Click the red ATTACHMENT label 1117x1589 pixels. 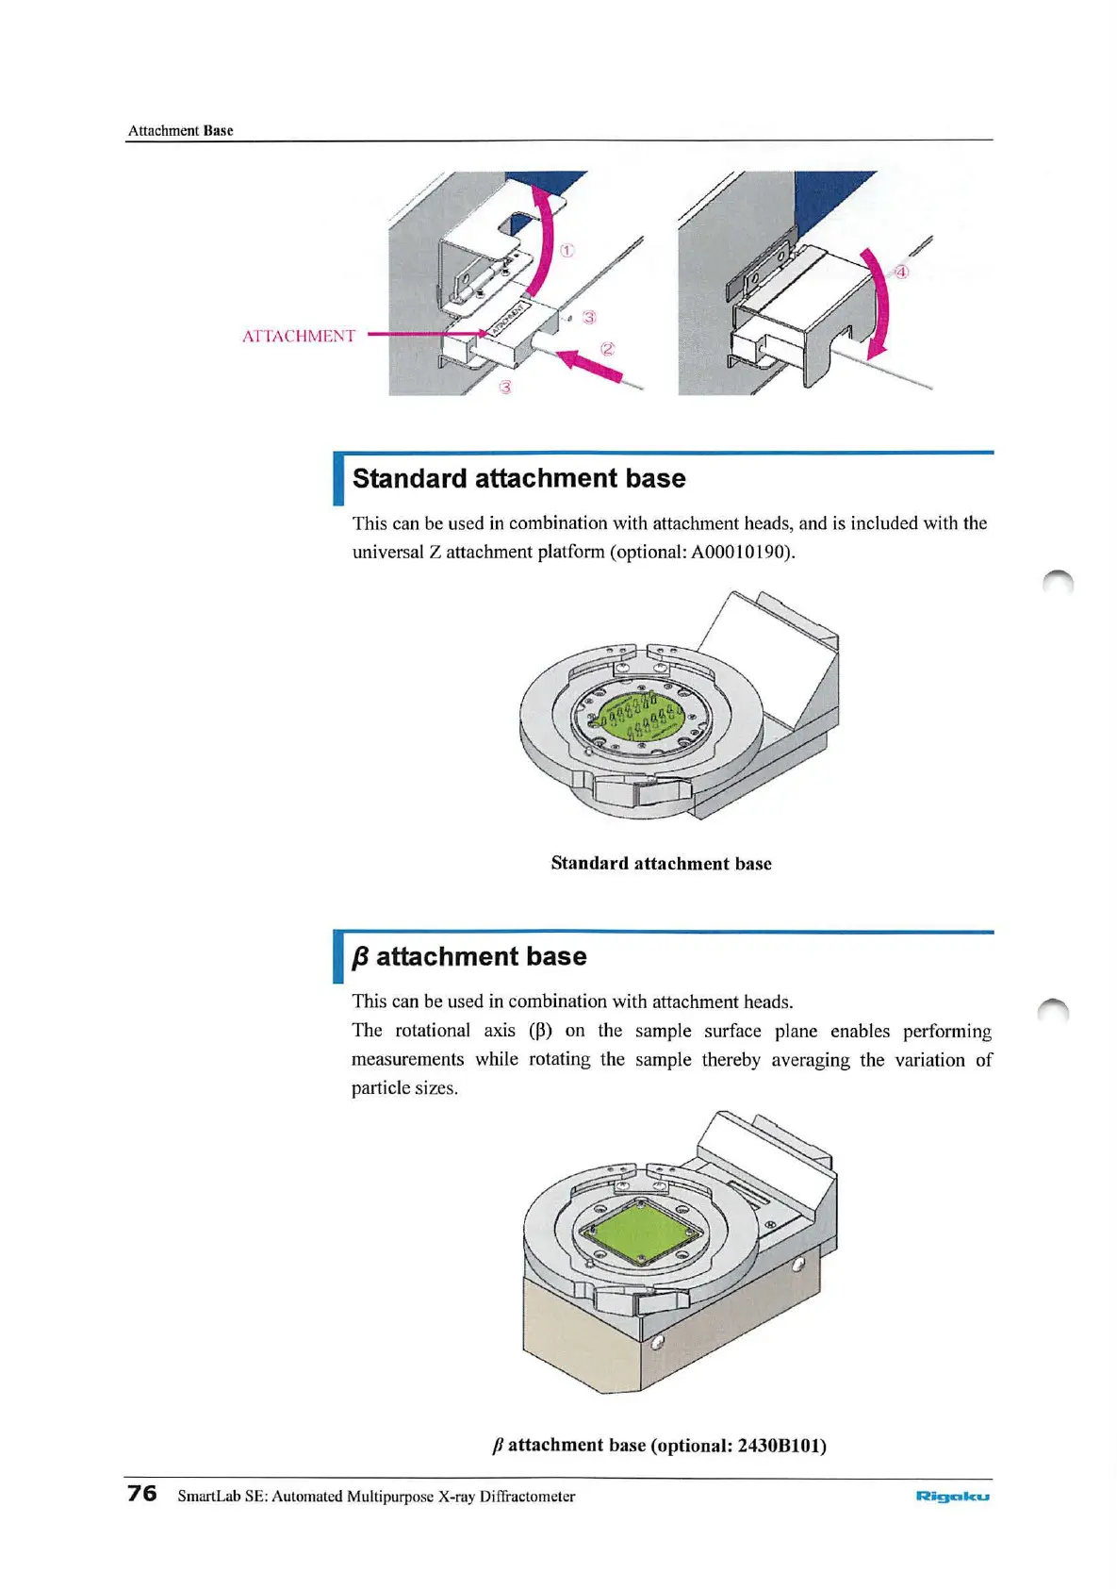[298, 337]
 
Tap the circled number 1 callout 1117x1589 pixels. [567, 251]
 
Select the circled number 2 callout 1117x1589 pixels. [608, 349]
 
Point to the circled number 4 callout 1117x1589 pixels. [901, 272]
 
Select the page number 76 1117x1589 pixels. [142, 1493]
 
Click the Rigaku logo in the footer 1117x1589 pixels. [952, 1496]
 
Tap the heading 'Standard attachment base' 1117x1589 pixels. [518, 479]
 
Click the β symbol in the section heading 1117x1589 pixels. [360, 958]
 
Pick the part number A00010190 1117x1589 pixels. [740, 553]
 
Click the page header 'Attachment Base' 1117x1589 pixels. [180, 131]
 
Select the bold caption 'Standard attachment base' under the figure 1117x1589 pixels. [661, 864]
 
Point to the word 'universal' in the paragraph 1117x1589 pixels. [387, 553]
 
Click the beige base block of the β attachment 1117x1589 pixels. [584, 1339]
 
